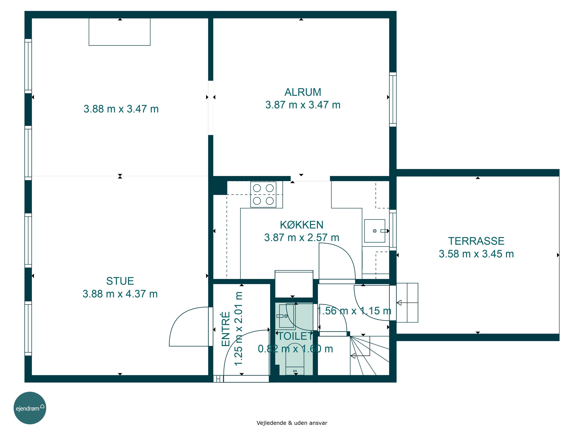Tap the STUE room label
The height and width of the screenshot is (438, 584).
[x=120, y=281]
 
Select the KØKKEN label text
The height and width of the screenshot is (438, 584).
[x=302, y=225]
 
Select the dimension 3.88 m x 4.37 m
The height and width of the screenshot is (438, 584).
[x=120, y=294]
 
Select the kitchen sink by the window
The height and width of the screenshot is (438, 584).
[x=375, y=231]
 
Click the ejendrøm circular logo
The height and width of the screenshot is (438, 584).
[x=30, y=408]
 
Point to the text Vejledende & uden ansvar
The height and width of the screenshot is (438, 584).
[x=292, y=423]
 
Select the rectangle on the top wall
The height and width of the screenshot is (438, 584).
[x=120, y=32]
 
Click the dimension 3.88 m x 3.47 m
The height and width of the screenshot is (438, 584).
[x=121, y=109]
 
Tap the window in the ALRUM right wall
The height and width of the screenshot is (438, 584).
[x=393, y=99]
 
